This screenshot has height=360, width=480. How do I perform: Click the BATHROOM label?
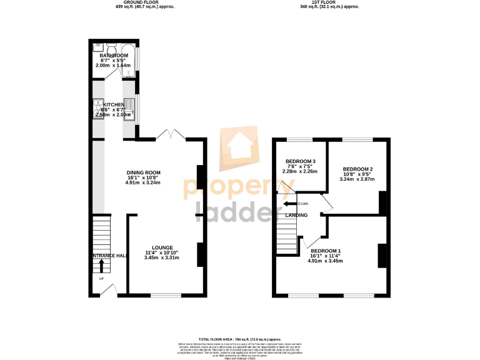[x=113, y=56]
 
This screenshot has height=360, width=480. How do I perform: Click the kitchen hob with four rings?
[x=99, y=107]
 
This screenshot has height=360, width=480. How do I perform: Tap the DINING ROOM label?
[x=144, y=172]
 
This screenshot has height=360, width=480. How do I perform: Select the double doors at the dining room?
[x=170, y=136]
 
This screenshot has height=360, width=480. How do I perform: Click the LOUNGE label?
[x=153, y=247]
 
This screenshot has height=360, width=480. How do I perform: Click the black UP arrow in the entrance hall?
[x=101, y=266]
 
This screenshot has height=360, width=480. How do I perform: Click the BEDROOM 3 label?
[x=300, y=161]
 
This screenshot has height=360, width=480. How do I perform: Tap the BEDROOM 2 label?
[x=357, y=169]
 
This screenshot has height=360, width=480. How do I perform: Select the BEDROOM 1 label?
[x=326, y=251]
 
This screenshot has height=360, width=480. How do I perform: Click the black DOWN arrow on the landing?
[x=290, y=204]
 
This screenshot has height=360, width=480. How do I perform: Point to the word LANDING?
[x=296, y=215]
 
